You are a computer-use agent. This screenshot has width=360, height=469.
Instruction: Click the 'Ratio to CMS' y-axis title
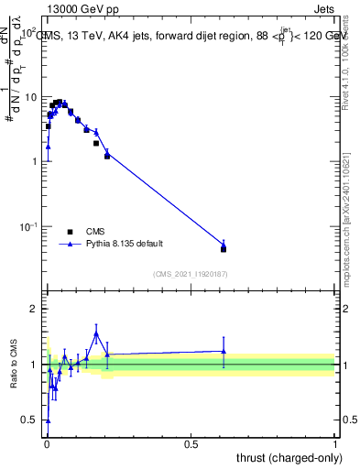click(x=14, y=365)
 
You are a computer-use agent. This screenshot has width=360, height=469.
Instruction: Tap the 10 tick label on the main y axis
click(x=29, y=97)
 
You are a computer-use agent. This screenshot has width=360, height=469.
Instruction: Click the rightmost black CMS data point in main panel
click(x=224, y=248)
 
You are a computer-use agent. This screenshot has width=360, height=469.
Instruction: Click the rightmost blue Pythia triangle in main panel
click(x=224, y=244)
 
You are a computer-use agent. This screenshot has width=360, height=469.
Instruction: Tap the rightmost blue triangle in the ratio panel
click(x=224, y=351)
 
